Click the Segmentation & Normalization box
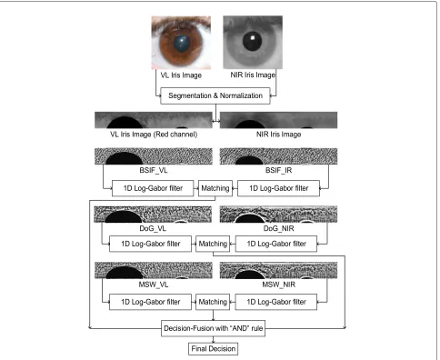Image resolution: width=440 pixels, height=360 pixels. click(x=215, y=95)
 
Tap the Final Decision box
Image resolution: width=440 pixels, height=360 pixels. click(x=213, y=349)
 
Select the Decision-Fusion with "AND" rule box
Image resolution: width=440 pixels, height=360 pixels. click(x=213, y=328)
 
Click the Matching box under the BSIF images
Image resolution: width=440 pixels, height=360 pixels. click(x=215, y=188)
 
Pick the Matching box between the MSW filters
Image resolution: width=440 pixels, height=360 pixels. click(x=213, y=302)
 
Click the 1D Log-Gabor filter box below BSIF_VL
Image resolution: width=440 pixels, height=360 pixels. click(x=153, y=188)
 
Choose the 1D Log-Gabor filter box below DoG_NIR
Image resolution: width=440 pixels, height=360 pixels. click(x=276, y=244)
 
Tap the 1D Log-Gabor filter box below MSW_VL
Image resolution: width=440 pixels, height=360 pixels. click(x=150, y=302)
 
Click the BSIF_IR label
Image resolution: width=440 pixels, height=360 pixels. click(x=278, y=170)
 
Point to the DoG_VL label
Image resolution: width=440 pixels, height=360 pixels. click(x=153, y=228)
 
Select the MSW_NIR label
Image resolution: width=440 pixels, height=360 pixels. click(x=278, y=285)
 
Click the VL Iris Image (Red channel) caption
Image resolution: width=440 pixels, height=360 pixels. click(x=154, y=135)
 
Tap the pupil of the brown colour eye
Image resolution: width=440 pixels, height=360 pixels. click(x=182, y=43)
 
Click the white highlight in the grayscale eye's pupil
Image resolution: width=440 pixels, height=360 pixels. click(x=254, y=38)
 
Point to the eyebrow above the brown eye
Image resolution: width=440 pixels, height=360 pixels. click(x=181, y=22)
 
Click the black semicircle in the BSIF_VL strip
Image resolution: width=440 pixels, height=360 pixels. click(x=124, y=159)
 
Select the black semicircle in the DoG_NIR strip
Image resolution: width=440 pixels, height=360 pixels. click(x=250, y=219)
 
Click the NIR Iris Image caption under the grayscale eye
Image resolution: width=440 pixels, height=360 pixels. click(x=253, y=75)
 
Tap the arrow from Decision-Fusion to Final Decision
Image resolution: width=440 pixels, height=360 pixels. click(x=213, y=339)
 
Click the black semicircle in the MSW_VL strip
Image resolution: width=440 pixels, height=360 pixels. click(x=125, y=274)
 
